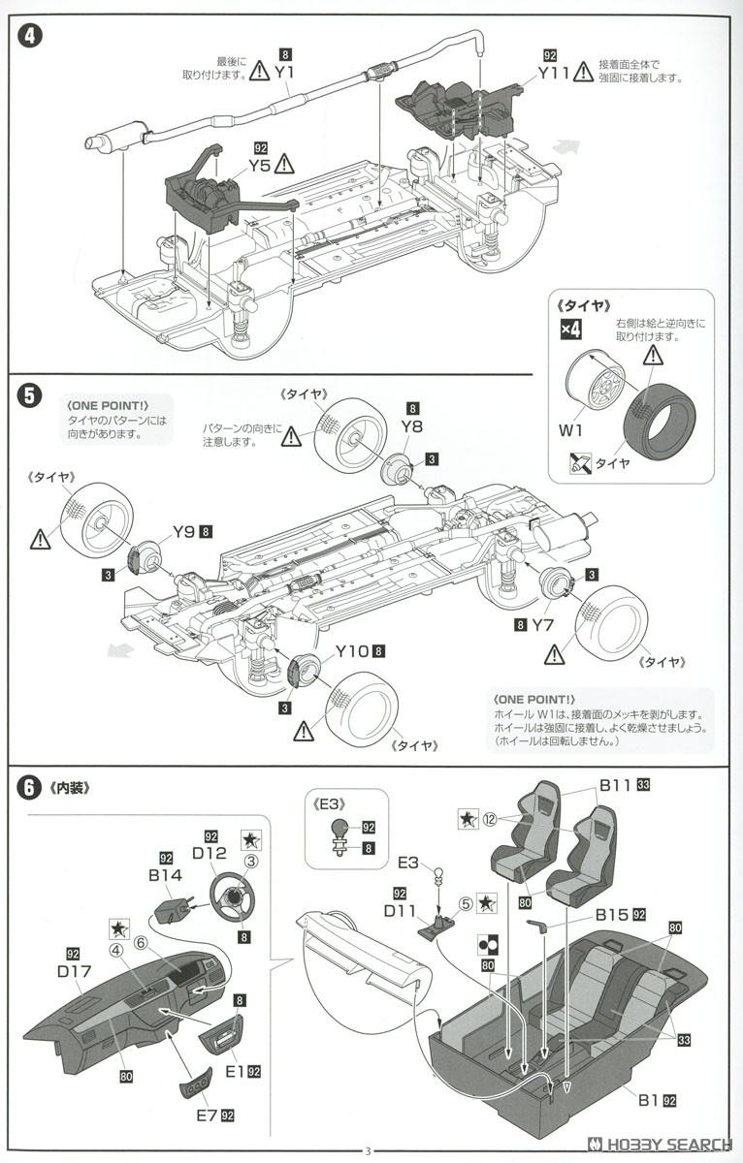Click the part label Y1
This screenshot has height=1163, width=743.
(x=285, y=72)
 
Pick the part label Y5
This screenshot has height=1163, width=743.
(x=259, y=165)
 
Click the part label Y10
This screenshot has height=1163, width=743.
(x=351, y=650)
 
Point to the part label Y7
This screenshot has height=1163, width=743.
(x=541, y=625)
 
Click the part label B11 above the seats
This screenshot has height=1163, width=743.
(x=615, y=786)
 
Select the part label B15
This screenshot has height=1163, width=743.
(x=611, y=914)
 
